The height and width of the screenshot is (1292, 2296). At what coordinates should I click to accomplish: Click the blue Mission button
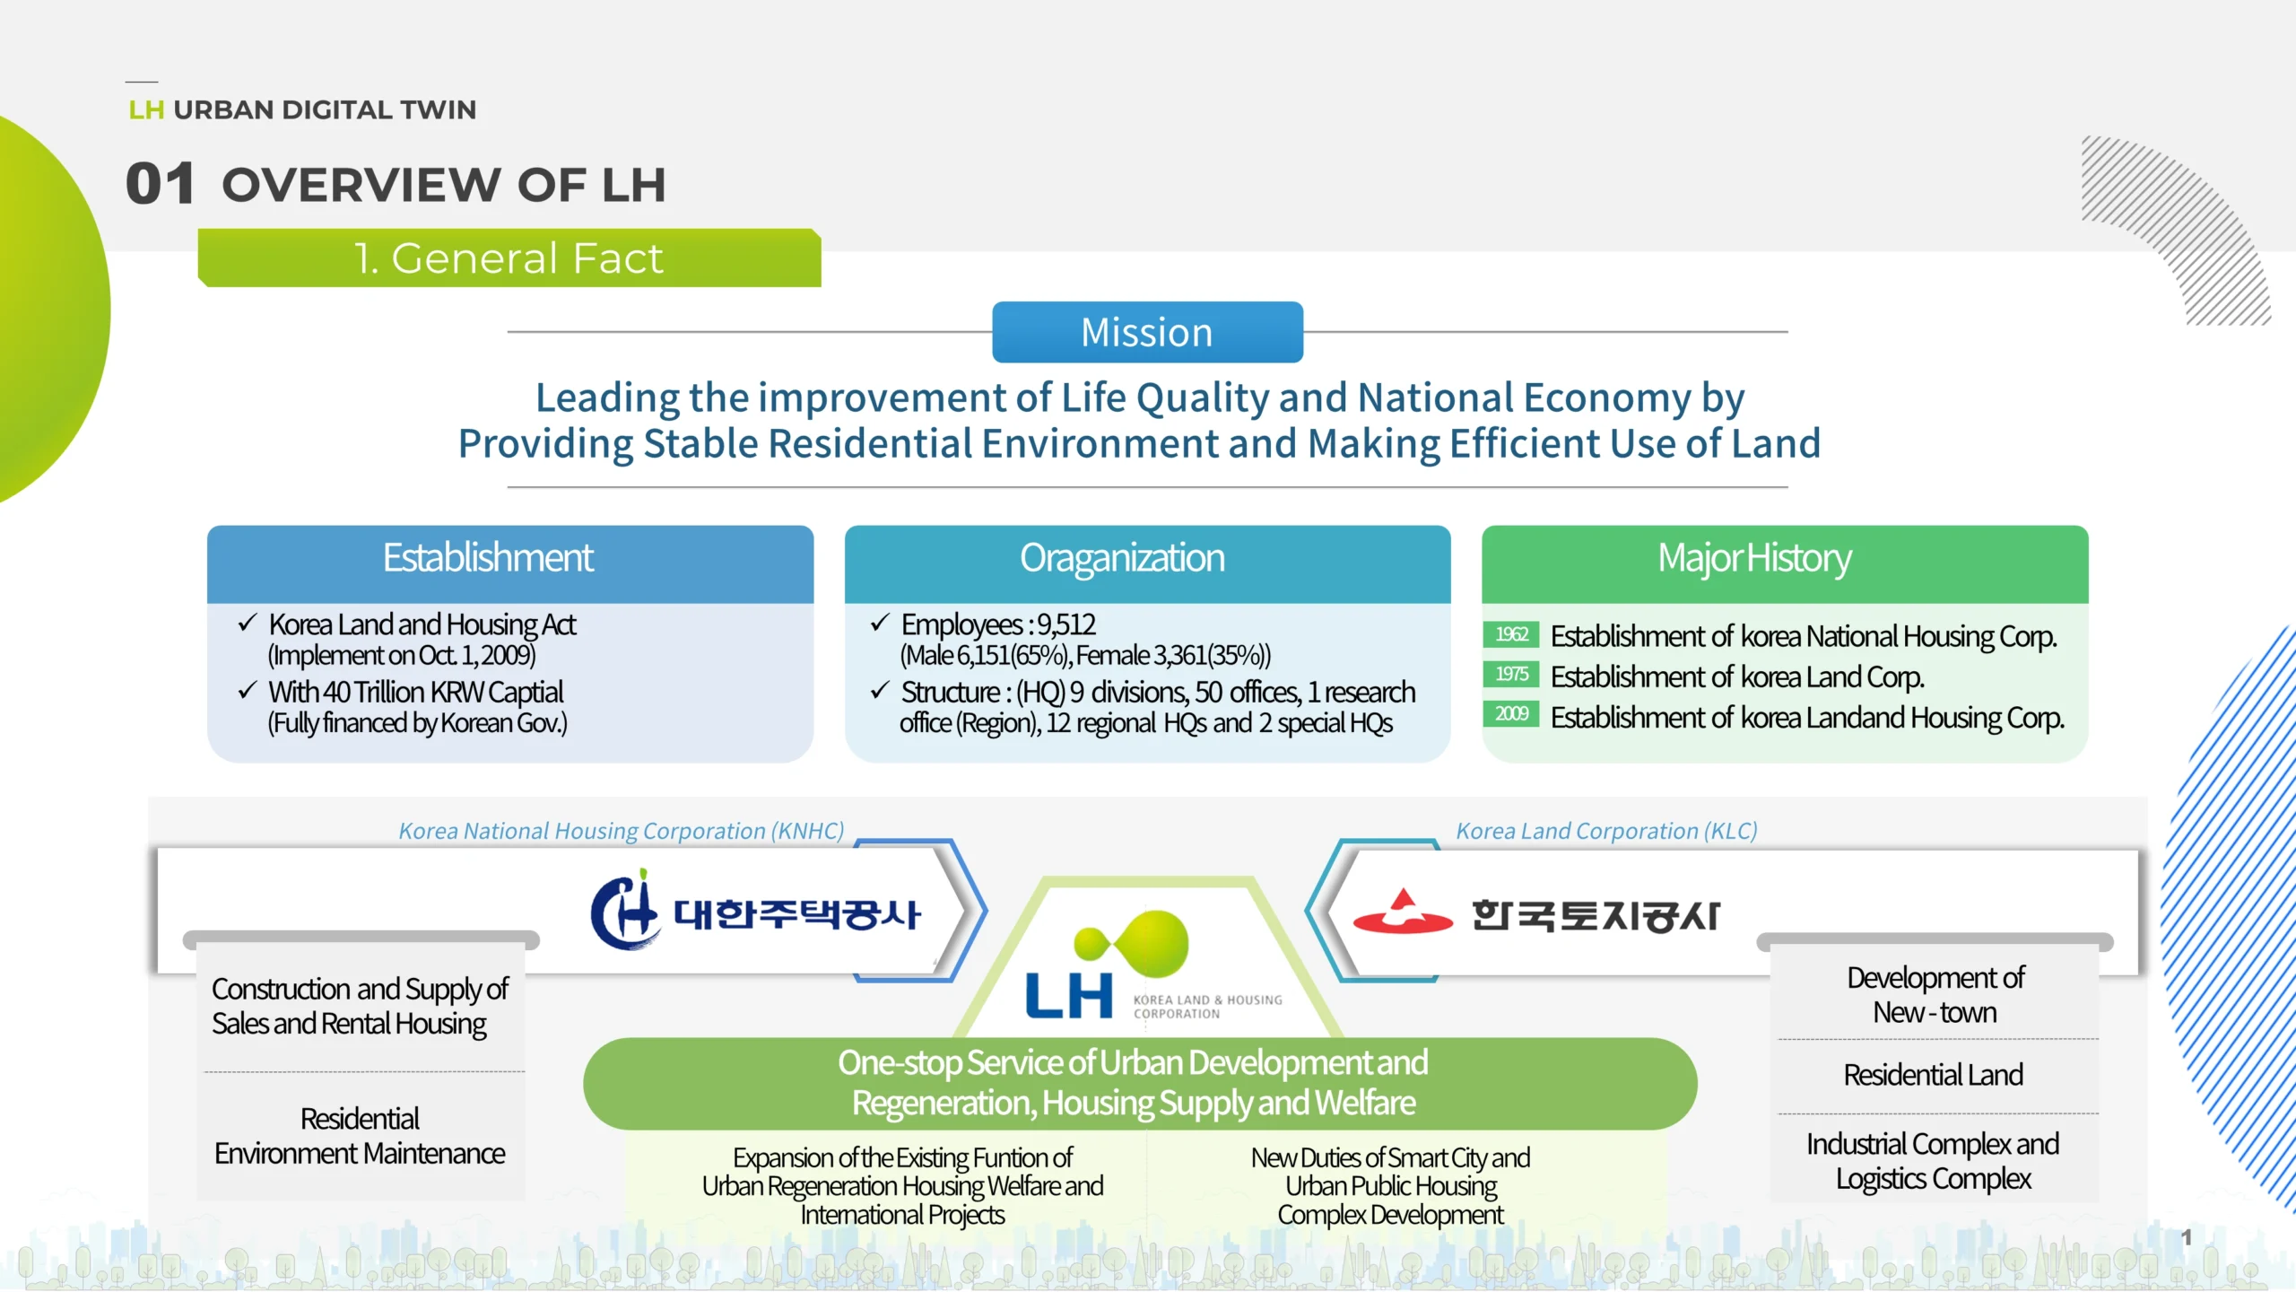1147,332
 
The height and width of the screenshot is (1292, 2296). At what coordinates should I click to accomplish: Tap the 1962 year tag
1511,634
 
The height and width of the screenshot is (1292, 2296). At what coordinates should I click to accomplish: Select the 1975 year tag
1511,674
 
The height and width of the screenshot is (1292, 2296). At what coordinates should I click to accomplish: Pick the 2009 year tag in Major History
1511,714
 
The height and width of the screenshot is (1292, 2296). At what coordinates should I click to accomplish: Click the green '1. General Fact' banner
509,258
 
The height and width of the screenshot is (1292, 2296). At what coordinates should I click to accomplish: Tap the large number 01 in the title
161,184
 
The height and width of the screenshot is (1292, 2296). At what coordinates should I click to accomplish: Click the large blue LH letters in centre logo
1069,996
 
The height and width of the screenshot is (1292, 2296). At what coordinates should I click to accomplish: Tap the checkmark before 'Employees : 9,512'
879,623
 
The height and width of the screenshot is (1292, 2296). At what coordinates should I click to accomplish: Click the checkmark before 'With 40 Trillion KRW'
248,691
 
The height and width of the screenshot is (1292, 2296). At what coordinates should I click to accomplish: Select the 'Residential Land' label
1934,1075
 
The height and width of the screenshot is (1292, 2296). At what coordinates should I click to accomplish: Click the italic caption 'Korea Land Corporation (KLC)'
1606,831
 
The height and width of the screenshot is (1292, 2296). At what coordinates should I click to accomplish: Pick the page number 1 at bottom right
2187,1238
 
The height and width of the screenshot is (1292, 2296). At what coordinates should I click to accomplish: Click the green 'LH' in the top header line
146,109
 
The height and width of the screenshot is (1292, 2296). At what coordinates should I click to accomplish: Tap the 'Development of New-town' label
1935,995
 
